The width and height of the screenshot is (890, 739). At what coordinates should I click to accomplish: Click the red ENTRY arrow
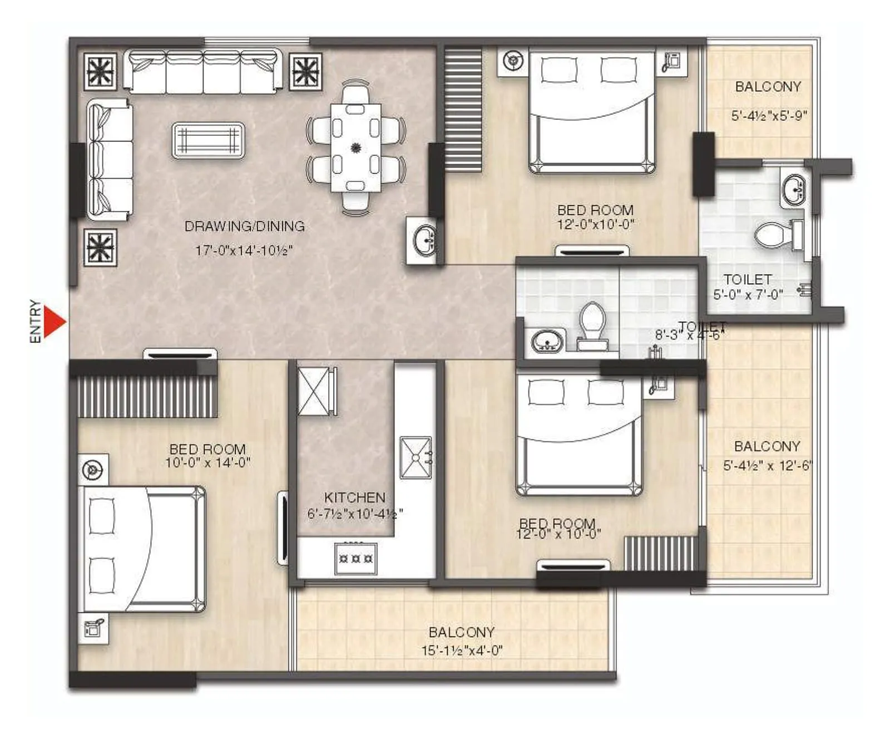pos(54,322)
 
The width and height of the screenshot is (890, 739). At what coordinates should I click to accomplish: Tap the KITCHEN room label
pos(354,497)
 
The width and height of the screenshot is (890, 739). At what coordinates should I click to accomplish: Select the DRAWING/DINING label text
pos(245,226)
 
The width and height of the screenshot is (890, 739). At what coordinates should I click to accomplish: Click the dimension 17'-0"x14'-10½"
pos(244,250)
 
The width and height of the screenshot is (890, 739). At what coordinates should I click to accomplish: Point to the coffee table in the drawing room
pos(209,140)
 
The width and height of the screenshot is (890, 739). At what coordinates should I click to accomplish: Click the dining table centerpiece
pos(356,148)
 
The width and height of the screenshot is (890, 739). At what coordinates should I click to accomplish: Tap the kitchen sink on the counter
pos(416,457)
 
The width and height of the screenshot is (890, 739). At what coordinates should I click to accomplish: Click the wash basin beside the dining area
pos(425,240)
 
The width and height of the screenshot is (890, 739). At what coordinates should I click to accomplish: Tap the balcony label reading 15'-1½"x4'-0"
pos(462,650)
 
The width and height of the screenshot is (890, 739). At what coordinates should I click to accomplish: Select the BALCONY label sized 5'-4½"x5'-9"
pos(768,87)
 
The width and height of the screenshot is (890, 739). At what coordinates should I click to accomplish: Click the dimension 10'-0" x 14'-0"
pos(207,462)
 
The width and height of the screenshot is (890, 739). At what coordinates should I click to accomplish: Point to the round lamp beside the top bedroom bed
pos(513,61)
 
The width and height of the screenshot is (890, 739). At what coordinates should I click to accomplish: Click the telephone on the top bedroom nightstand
pos(671,61)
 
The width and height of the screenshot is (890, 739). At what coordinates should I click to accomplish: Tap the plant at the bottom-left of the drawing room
pos(101,247)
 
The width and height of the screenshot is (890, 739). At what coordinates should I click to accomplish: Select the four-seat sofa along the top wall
pos(203,71)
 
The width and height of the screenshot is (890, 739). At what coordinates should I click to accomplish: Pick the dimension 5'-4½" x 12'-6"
pos(767,466)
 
